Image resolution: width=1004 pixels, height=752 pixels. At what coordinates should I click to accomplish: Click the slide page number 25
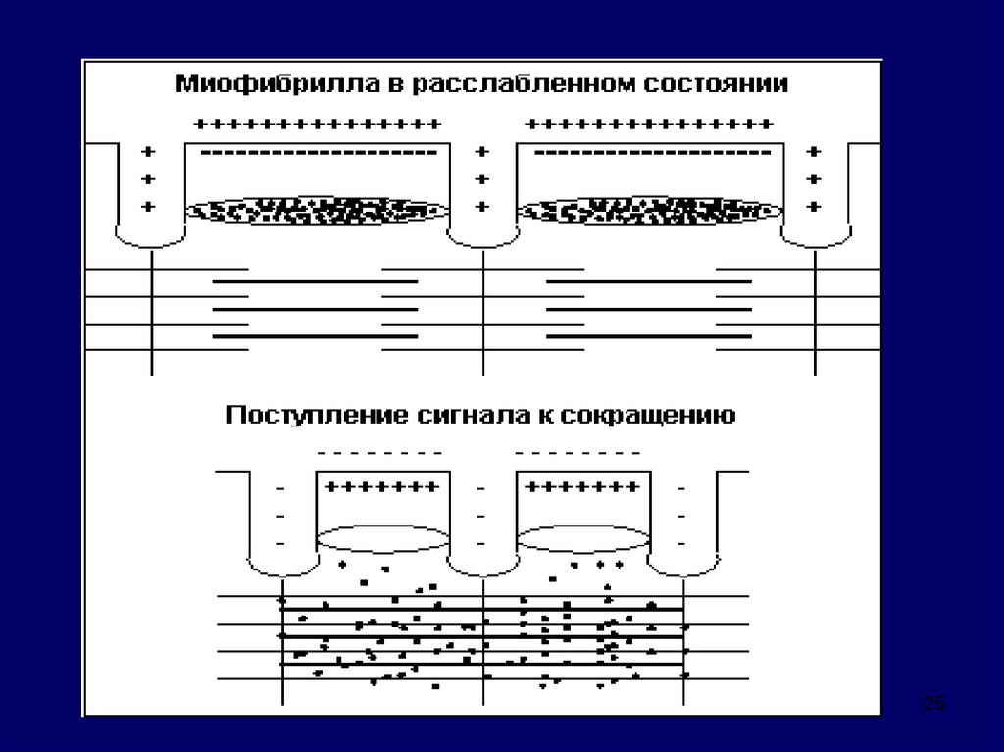(934, 703)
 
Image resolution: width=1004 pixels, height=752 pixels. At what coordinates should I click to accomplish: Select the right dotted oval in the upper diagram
(649, 209)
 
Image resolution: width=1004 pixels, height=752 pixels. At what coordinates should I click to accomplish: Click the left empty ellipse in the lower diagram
(383, 539)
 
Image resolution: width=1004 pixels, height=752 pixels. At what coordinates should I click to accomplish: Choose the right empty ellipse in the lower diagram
(585, 539)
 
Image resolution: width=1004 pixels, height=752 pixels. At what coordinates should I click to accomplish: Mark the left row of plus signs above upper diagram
(317, 125)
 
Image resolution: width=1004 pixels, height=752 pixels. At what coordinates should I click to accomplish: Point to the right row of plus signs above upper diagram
(649, 125)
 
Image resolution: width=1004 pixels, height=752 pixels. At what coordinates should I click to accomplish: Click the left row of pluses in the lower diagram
(382, 486)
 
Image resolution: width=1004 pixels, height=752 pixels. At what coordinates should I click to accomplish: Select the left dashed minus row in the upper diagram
(318, 153)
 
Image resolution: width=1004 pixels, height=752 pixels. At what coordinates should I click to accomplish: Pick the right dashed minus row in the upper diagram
(650, 153)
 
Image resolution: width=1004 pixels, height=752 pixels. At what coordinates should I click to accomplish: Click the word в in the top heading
(391, 85)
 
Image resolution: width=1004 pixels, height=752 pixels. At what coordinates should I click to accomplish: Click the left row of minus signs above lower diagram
(381, 454)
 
